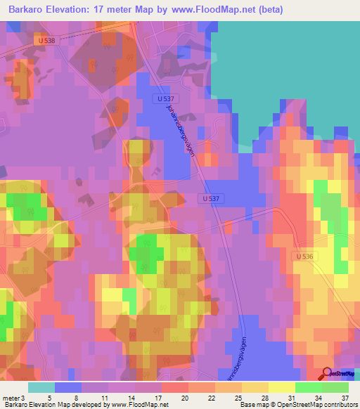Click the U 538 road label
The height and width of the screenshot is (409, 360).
pyautogui.click(x=46, y=41)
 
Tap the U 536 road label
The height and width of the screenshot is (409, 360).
pyautogui.click(x=304, y=257)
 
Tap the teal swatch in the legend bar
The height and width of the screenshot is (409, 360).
pyautogui.click(x=41, y=387)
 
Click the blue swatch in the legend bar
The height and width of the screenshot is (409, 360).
pyautogui.click(x=68, y=387)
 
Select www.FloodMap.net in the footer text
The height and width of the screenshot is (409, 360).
pyautogui.click(x=141, y=405)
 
